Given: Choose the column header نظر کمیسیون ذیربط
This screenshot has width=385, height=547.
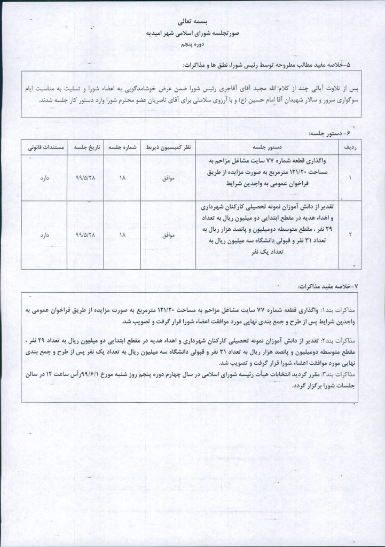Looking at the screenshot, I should pos(168,146).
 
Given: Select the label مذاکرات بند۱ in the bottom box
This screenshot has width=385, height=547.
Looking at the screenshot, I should pos(337,310).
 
